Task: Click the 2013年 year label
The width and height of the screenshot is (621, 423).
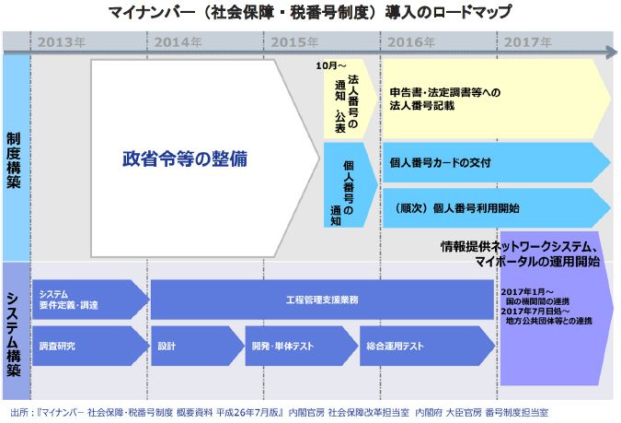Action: click(x=63, y=41)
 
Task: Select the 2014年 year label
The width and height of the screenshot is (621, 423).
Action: click(x=178, y=41)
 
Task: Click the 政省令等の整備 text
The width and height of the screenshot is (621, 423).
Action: click(x=184, y=158)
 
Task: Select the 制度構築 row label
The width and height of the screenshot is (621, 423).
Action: click(x=15, y=158)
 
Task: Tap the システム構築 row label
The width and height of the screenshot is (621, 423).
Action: click(x=15, y=332)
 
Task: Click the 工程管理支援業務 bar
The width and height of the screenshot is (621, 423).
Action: click(x=322, y=300)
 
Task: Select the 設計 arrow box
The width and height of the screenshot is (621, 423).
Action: click(x=195, y=347)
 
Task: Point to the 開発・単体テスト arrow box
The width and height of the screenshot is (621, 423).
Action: click(x=299, y=347)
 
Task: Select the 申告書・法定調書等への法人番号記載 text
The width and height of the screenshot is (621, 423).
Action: click(x=446, y=100)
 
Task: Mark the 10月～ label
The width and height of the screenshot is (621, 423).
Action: click(x=328, y=65)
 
